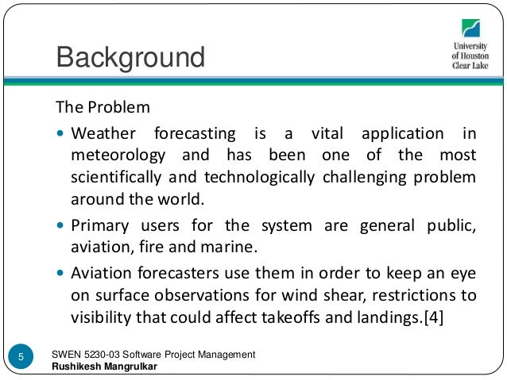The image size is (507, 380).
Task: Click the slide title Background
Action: [130, 57]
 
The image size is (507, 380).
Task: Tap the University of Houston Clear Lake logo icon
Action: [470, 28]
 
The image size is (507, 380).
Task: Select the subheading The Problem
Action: [103, 107]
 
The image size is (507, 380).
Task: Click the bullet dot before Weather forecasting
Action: [60, 132]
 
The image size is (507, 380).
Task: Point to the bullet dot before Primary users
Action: [60, 225]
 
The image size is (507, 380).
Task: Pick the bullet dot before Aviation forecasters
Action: [60, 273]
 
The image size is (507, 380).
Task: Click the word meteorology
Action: [118, 155]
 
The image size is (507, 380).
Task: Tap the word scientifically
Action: [116, 178]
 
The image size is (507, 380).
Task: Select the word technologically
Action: [259, 178]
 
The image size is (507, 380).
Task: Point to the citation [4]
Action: [433, 317]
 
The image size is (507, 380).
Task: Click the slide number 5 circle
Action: [21, 356]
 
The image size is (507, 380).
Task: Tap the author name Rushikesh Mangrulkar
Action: [104, 367]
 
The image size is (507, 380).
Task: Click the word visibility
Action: [101, 317]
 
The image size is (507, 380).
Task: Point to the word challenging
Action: [365, 178]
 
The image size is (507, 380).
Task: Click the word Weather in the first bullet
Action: [103, 133]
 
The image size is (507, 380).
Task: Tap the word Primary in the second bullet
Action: [100, 226]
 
